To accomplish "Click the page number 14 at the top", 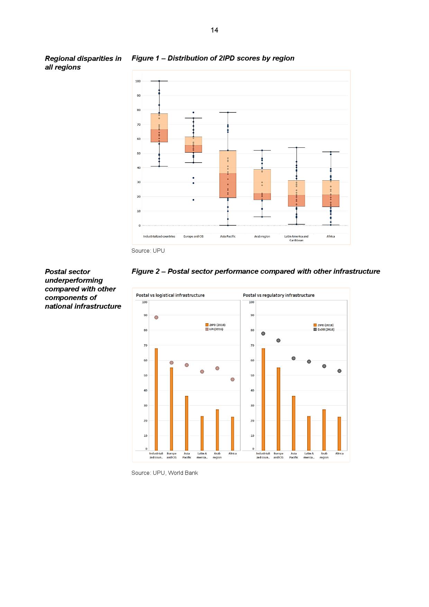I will click(214, 30).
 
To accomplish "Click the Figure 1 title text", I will click(213, 58).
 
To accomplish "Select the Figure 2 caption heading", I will click(255, 271).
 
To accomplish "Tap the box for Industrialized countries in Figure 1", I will click(159, 128).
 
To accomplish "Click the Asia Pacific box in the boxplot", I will click(228, 174).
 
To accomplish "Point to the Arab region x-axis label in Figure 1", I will click(262, 236).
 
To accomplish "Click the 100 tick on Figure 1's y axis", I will click(138, 81).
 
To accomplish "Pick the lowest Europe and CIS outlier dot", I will click(193, 200).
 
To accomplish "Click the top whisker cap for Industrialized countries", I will click(159, 81).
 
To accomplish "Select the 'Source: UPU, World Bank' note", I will click(165, 473).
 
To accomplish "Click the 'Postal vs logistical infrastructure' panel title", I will click(170, 295).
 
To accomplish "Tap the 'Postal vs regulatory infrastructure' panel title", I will click(279, 295).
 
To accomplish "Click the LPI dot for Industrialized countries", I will click(156, 317).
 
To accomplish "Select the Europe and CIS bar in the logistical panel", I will click(172, 409).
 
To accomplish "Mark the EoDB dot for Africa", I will click(339, 371).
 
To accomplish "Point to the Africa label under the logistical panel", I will click(232, 453).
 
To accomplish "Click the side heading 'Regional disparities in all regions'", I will click(83, 63).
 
